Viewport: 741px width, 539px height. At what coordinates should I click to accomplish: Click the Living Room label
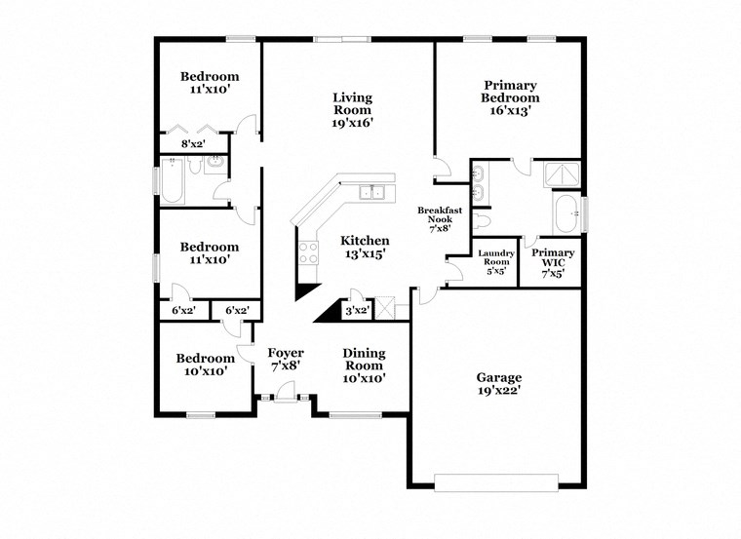(x=352, y=110)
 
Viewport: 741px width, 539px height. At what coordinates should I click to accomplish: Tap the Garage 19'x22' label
(x=498, y=384)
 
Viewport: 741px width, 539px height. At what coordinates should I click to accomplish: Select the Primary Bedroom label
(x=510, y=97)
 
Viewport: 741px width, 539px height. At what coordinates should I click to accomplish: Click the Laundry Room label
(x=495, y=262)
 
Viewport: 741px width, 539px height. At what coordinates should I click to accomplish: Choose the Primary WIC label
(x=553, y=262)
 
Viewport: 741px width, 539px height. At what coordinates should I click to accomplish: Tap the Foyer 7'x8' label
(x=286, y=360)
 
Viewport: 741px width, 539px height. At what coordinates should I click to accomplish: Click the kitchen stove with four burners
(x=309, y=253)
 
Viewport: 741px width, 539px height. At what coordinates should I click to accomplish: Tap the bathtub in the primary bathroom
(x=565, y=213)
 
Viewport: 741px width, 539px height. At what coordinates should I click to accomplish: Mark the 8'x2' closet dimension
(x=193, y=143)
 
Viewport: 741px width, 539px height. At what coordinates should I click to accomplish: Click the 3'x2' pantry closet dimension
(x=357, y=311)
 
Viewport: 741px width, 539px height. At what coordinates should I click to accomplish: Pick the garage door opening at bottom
(x=496, y=481)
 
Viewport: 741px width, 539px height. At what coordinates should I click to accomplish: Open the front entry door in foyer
(x=284, y=393)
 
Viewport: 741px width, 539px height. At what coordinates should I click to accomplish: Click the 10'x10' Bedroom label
(x=205, y=365)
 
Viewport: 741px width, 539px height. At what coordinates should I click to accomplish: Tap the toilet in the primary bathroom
(x=485, y=222)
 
